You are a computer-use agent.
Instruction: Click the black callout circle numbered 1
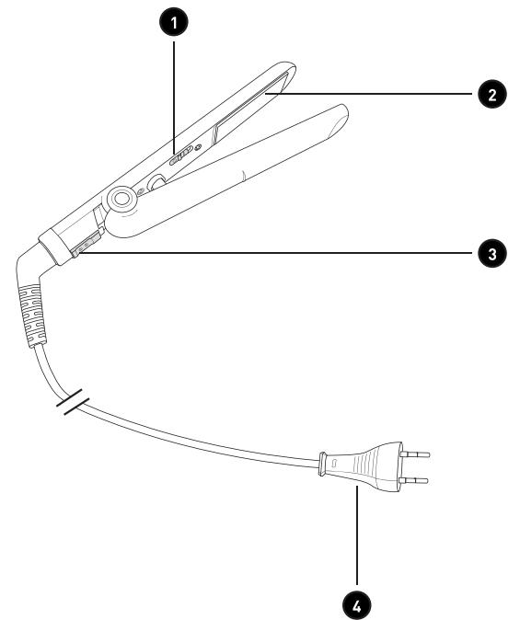174,23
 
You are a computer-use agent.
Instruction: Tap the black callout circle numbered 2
491,94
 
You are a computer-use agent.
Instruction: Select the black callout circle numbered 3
491,253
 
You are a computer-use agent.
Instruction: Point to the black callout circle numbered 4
357,604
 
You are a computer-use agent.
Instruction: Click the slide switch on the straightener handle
180,155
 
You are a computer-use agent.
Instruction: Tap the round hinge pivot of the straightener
121,198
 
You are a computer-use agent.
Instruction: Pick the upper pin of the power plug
414,454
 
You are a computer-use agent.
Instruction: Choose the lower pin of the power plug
413,480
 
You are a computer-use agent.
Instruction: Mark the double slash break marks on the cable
73,402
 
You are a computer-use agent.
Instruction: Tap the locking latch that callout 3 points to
85,246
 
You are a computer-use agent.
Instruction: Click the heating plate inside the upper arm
250,107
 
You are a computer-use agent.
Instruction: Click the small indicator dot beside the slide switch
198,147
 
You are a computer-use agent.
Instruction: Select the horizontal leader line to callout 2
369,94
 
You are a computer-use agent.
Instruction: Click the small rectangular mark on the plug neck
333,462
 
